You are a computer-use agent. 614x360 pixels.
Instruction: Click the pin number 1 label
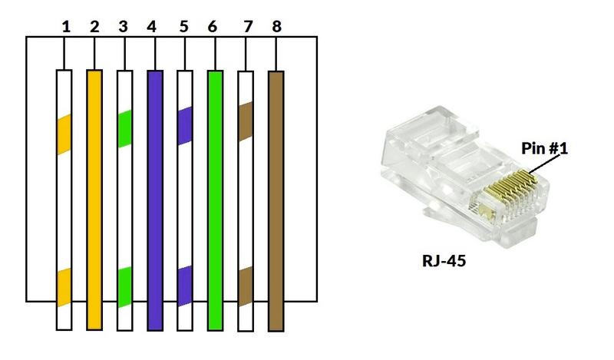(x=66, y=27)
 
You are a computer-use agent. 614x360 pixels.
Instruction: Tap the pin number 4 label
(x=151, y=27)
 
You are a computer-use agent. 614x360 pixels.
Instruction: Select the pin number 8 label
(x=276, y=27)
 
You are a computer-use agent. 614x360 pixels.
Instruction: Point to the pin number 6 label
(x=213, y=27)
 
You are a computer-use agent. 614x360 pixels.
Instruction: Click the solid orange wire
(x=94, y=200)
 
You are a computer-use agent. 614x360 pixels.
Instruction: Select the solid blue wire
(x=155, y=200)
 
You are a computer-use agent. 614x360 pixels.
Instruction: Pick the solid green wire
(x=216, y=200)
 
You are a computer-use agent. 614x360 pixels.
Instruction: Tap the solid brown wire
(x=276, y=201)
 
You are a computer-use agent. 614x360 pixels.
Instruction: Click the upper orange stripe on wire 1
(x=64, y=134)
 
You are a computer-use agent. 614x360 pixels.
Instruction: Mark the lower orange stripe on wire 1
(x=64, y=287)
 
